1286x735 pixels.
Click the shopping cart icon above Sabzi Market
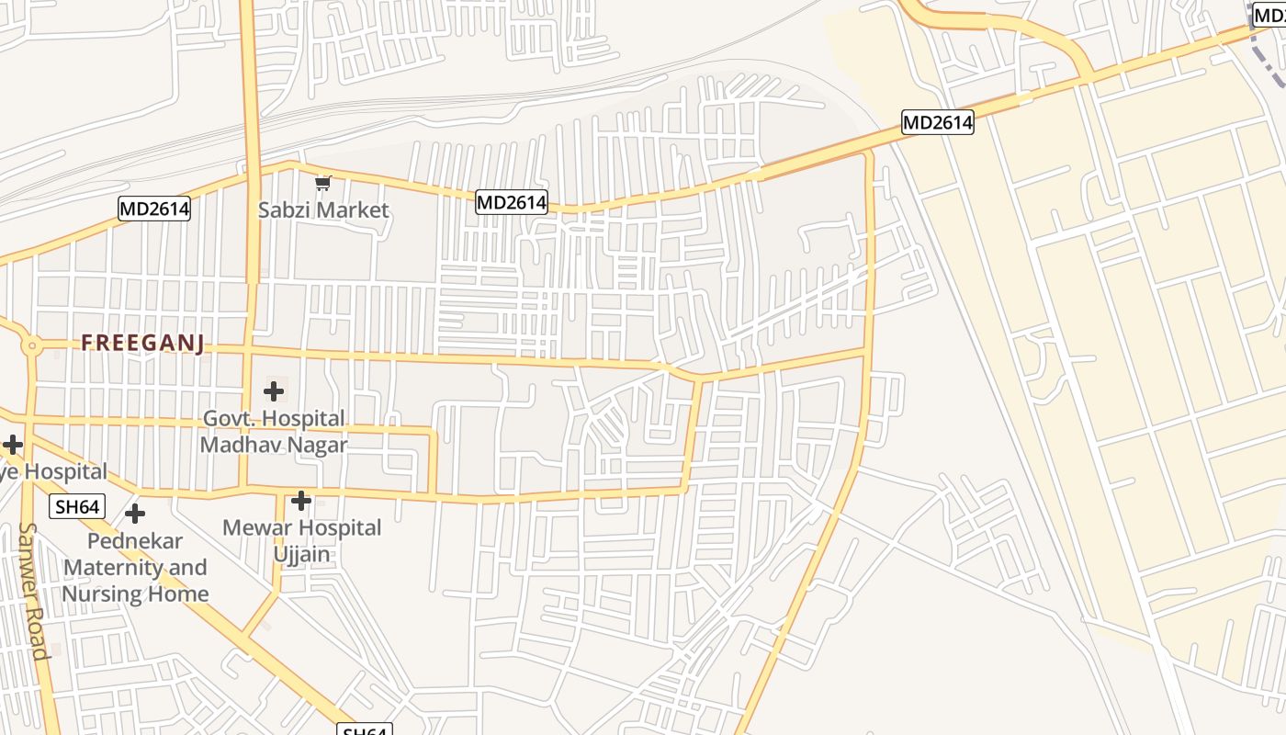point(322,184)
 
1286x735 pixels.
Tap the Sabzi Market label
point(323,210)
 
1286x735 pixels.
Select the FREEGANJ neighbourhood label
point(142,344)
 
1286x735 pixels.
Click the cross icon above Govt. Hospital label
point(274,391)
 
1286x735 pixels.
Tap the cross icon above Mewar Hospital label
point(301,501)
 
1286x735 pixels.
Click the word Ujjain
point(301,554)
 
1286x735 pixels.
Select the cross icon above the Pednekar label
point(135,513)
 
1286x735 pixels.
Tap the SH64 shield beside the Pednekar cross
point(77,506)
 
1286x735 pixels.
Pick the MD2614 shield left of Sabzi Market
point(154,209)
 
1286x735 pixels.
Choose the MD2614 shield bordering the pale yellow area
point(937,122)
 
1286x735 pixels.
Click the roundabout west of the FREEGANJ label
point(32,346)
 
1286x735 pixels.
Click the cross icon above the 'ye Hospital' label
point(12,446)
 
